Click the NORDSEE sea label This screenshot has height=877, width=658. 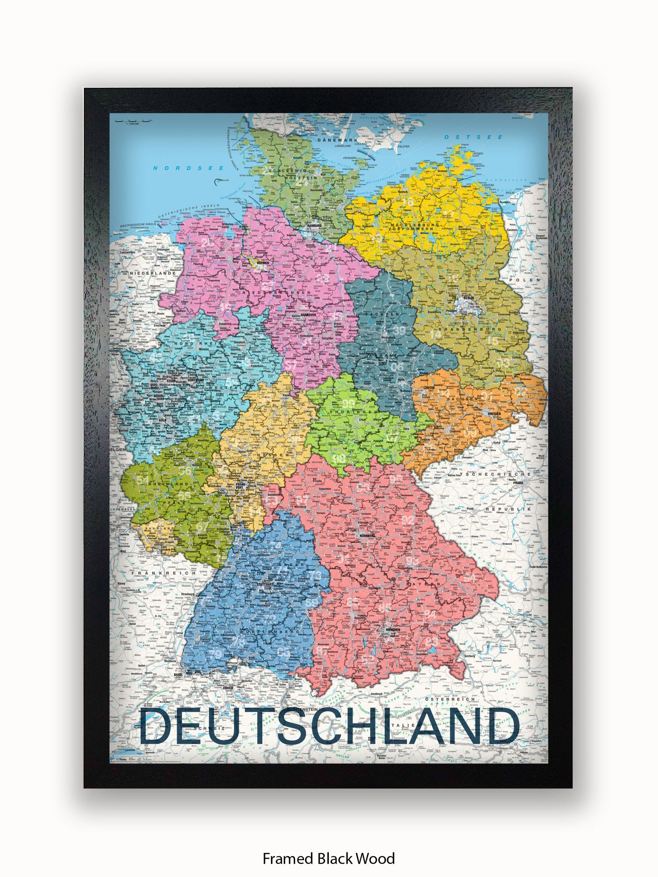coord(189,168)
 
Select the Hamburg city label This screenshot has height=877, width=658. coord(314,226)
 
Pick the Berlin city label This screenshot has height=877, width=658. coord(469,298)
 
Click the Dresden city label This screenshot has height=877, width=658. coord(494,413)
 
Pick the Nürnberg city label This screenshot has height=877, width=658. coord(367,536)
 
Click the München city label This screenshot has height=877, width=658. coord(393,630)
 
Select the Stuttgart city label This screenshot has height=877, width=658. coord(265,583)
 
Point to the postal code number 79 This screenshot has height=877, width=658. coord(216,654)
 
